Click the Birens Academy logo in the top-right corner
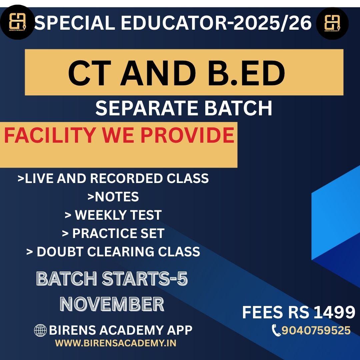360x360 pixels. tap(332, 23)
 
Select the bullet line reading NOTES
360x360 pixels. tap(113, 197)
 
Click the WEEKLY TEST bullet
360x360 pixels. tap(113, 215)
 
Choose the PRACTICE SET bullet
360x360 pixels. tap(113, 233)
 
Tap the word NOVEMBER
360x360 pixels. tap(112, 304)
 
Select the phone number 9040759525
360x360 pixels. tap(316, 330)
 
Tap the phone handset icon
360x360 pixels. tap(276, 331)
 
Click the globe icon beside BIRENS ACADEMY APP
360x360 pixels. tap(40, 330)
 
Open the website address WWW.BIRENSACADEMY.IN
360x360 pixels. tap(116, 343)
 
